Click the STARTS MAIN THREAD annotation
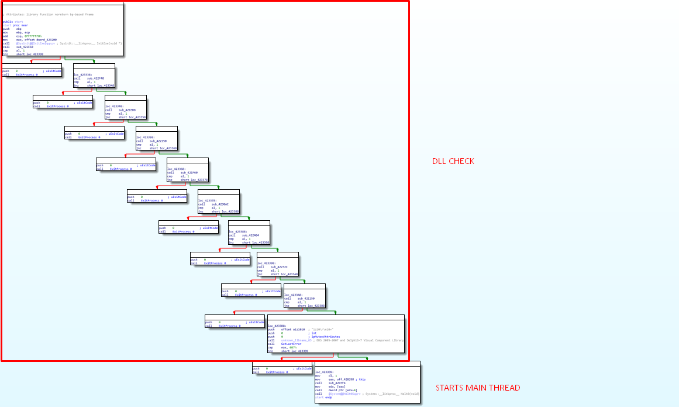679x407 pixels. [478, 388]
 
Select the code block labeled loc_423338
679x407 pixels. [94, 76]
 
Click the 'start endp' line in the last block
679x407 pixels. [323, 398]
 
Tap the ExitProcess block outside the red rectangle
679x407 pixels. [282, 370]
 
